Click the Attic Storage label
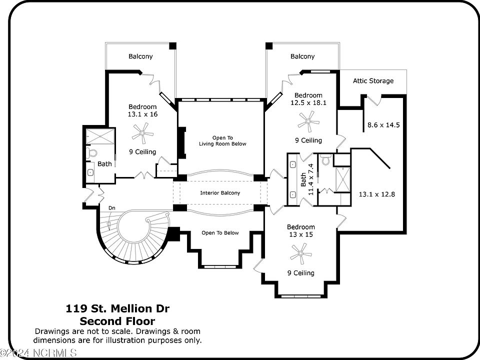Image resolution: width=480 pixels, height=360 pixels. click(373, 81)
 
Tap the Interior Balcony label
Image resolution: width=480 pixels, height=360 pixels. click(220, 193)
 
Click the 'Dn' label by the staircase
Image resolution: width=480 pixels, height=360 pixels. click(111, 207)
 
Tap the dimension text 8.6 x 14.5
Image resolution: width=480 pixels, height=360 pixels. click(383, 125)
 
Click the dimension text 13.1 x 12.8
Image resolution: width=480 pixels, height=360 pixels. click(377, 194)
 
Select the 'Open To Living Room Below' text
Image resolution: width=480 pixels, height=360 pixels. click(222, 140)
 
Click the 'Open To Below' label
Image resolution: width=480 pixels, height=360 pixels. click(220, 233)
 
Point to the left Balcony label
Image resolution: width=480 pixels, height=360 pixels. click(140, 56)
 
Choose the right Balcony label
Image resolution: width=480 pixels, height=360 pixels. click(302, 56)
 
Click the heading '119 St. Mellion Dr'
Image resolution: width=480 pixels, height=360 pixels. click(117, 308)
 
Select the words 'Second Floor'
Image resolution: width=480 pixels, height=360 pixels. click(117, 321)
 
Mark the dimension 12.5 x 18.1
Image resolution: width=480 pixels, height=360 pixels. click(308, 103)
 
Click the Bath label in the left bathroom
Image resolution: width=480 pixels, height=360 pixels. click(104, 164)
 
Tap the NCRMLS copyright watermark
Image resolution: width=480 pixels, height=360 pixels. click(39, 353)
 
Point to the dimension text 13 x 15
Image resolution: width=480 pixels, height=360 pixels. click(300, 235)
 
